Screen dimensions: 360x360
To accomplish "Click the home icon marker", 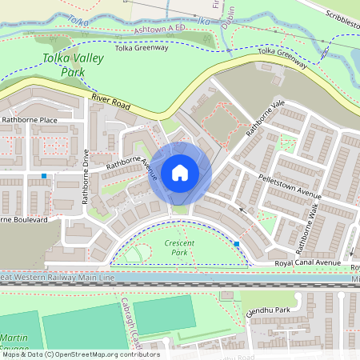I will pyautogui.click(x=180, y=173).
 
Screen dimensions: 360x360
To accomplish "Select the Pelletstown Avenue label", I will pyautogui.click(x=289, y=186).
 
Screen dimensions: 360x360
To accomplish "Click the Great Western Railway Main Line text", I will pyautogui.click(x=58, y=277).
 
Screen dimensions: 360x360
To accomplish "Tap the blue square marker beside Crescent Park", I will pyautogui.click(x=237, y=243).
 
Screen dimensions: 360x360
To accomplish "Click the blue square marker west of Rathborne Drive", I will pyautogui.click(x=43, y=176).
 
